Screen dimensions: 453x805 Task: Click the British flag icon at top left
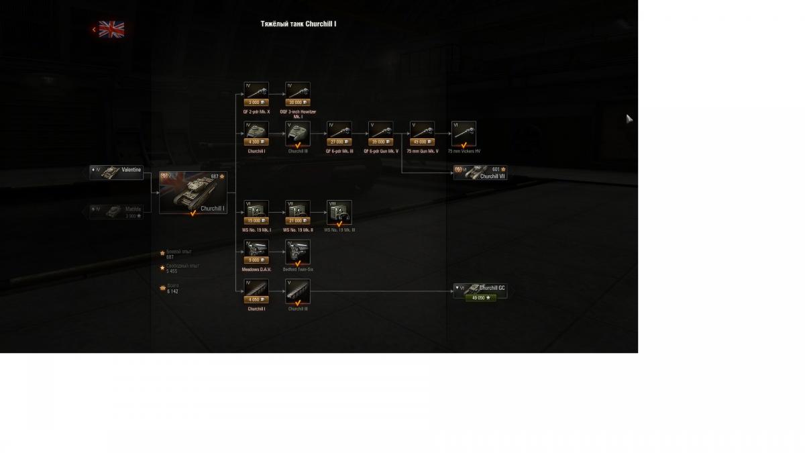[111, 29]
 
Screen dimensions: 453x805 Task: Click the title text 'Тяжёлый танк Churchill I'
[299, 24]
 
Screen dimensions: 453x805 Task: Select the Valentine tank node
[117, 172]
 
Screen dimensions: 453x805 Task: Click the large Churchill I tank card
[193, 193]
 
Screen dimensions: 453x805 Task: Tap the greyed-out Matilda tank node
[117, 211]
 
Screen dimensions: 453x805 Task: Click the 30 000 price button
[298, 103]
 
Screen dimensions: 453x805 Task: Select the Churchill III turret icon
[298, 132]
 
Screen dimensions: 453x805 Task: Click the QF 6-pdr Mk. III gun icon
[339, 130]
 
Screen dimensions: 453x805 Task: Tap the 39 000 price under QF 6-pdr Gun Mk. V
[380, 142]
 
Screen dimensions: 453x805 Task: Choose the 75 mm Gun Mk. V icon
[422, 130]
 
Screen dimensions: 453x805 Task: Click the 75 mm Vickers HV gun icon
[464, 132]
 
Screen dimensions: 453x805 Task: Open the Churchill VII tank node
[480, 172]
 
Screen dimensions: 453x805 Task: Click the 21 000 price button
[298, 221]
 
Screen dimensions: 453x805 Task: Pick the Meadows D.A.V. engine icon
[256, 249]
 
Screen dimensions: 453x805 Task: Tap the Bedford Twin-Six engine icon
[298, 251]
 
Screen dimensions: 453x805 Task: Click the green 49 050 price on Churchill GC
[481, 297]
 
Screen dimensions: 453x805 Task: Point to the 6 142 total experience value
[172, 292]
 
